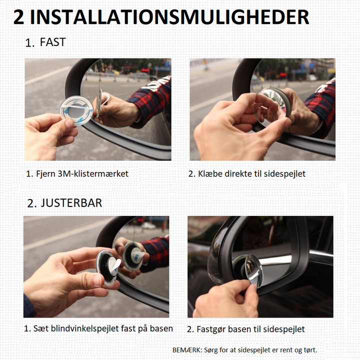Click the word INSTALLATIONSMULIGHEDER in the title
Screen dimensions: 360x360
[169, 17]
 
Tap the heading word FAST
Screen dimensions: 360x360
[53, 42]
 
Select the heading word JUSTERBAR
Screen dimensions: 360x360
[71, 203]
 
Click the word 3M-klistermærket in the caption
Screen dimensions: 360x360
[93, 174]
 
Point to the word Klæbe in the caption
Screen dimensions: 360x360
[210, 174]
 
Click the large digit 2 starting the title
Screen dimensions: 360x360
[19, 17]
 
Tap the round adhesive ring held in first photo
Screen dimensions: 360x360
[76, 111]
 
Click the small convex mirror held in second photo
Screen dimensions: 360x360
[271, 107]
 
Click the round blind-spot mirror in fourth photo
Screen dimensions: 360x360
[253, 270]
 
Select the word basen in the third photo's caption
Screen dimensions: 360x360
[161, 328]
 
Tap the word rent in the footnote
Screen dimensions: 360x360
[286, 350]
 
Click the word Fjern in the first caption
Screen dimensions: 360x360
[45, 174]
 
